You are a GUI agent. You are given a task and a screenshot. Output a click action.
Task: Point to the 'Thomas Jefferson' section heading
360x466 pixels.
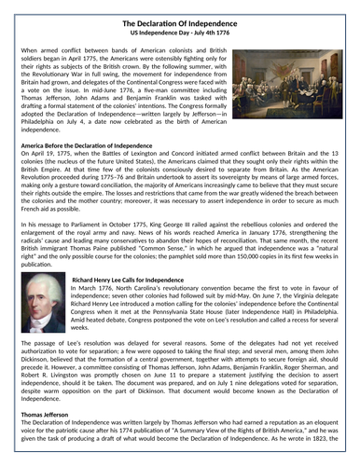pos(46,414)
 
